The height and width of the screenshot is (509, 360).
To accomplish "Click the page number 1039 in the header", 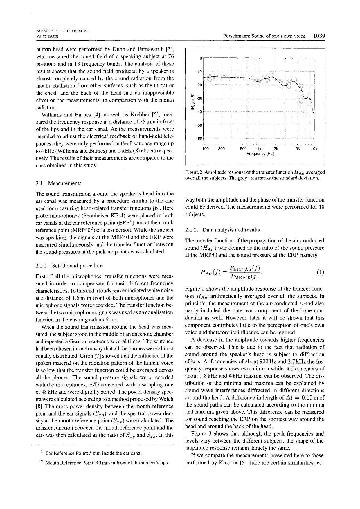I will click(319, 36).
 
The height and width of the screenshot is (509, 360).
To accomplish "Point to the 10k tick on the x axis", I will click(314, 149).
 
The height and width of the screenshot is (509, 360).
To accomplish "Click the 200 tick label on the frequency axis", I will click(221, 149).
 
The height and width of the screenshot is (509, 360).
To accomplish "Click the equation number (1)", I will click(321, 272).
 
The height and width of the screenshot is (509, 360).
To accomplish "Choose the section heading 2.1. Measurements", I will click(58, 183).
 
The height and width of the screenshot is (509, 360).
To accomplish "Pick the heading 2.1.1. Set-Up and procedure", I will click(69, 266).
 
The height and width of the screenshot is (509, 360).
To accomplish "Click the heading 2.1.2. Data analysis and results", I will click(222, 230).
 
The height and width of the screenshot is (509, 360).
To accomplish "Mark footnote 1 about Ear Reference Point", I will click(91, 453).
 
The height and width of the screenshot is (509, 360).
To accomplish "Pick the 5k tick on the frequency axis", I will click(298, 149).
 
